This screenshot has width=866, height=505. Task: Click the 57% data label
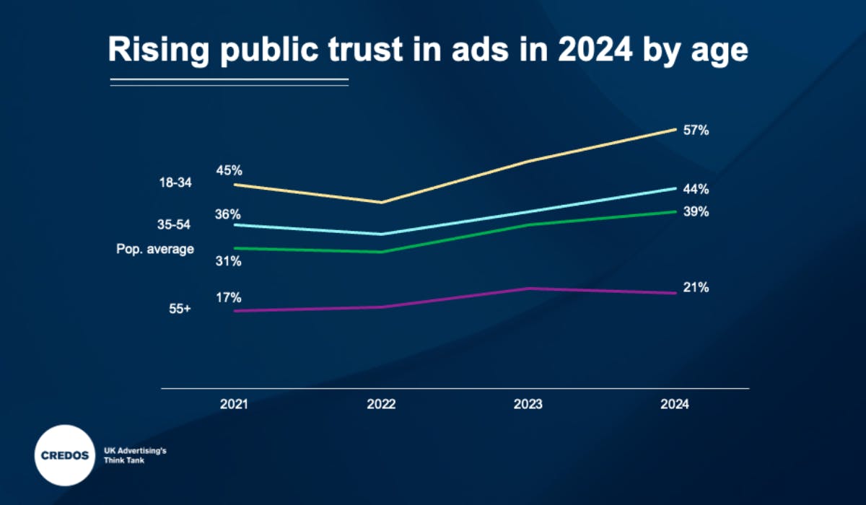(x=698, y=131)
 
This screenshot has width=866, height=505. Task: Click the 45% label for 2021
(x=229, y=171)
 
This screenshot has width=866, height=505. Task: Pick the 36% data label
(x=229, y=214)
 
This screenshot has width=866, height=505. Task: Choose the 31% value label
(x=229, y=262)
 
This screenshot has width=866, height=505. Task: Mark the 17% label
(x=229, y=298)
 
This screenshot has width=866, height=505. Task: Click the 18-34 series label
(x=175, y=183)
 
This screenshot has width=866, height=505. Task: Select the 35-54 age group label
(x=174, y=225)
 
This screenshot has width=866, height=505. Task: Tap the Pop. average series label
(x=155, y=249)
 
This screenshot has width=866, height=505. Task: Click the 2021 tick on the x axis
(x=234, y=405)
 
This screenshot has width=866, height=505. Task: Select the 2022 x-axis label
(x=381, y=405)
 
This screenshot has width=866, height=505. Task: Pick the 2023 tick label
(x=528, y=405)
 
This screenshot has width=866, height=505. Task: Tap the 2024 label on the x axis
(x=675, y=405)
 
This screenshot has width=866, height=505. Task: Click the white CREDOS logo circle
(x=64, y=454)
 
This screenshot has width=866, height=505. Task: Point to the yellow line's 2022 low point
(x=382, y=203)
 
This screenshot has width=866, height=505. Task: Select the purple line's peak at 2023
(x=529, y=288)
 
